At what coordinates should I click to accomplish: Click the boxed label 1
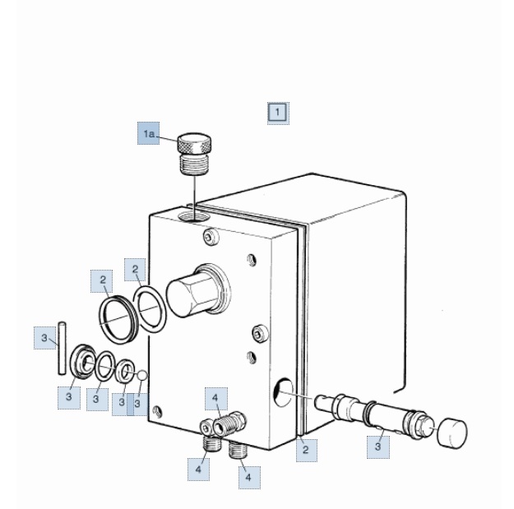point(278,113)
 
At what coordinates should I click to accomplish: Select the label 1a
point(149,133)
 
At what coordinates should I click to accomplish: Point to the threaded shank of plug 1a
point(194,164)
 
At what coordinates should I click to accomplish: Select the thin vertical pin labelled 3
point(62,349)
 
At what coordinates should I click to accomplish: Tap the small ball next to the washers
point(142,376)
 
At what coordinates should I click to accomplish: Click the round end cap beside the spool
point(452,432)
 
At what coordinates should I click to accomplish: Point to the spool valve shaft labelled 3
point(374,414)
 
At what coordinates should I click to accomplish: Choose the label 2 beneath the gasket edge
point(306,450)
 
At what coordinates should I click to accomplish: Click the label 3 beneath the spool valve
point(378,447)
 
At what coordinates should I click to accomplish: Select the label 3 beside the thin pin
point(44,338)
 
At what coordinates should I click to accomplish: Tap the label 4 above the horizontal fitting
point(215,398)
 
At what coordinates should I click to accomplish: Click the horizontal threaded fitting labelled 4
point(229,423)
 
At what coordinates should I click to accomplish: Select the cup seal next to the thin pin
point(82,361)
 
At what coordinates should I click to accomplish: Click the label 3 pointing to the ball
point(137,405)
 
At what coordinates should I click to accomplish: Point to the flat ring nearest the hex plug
point(150,310)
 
